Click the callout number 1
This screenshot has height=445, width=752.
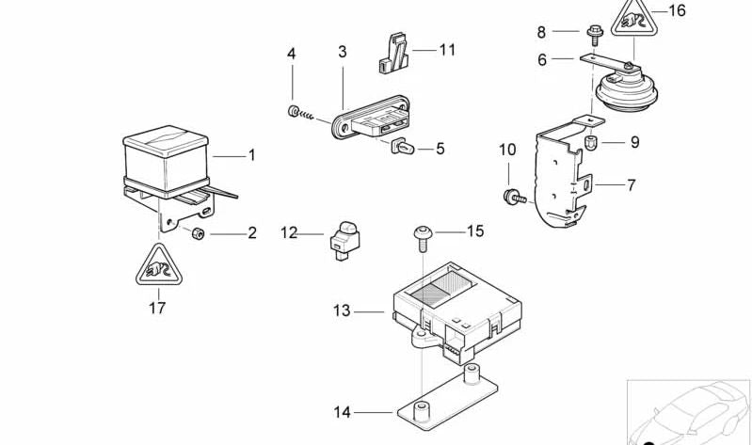click(251, 155)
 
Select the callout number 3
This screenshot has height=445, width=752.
click(343, 52)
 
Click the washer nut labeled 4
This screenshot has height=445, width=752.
click(294, 113)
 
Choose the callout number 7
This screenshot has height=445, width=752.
click(631, 185)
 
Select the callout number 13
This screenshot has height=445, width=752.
click(341, 310)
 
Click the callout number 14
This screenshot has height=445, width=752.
click(342, 411)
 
